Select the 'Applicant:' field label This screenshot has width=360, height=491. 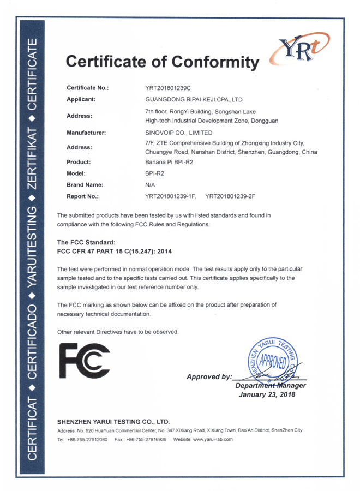81,100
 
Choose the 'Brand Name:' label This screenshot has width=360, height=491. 85,185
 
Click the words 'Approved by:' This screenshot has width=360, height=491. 209,376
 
